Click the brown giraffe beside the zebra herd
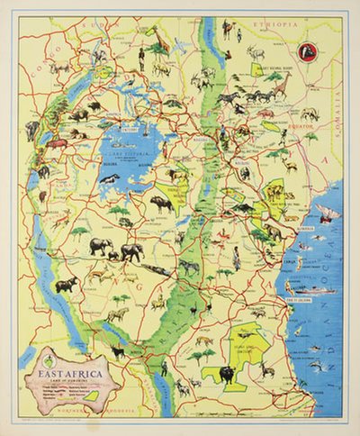[280, 86]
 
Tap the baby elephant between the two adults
[115, 255]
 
